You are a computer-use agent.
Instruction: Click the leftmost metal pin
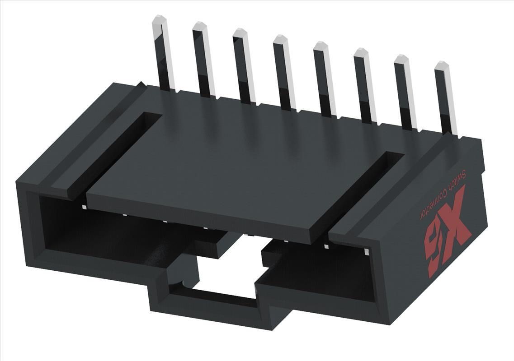[x=164, y=54]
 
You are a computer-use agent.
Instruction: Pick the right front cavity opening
[x=325, y=271]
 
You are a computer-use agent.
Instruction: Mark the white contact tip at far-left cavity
[x=85, y=207]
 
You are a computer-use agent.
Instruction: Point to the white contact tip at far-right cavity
[x=366, y=251]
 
